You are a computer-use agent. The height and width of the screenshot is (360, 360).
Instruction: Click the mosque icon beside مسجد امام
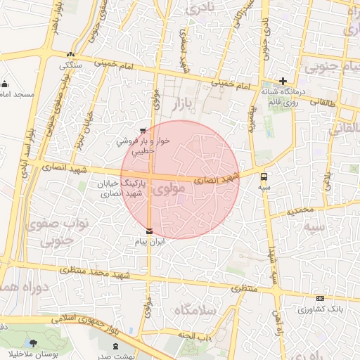click(x=4, y=83)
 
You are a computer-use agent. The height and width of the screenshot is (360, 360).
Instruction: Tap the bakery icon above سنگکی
click(x=70, y=54)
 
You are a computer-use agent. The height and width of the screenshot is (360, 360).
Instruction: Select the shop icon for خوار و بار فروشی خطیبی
click(x=143, y=130)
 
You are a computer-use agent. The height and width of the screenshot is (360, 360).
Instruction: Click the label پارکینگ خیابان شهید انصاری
click(x=121, y=188)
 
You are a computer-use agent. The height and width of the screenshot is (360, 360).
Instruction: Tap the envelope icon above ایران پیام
click(x=148, y=231)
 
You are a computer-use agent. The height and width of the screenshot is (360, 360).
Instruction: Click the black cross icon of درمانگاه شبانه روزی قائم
click(x=283, y=81)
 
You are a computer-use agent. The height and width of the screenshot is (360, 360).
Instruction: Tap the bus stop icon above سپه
click(x=264, y=176)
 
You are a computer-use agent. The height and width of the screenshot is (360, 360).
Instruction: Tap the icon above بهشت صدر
click(x=116, y=346)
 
